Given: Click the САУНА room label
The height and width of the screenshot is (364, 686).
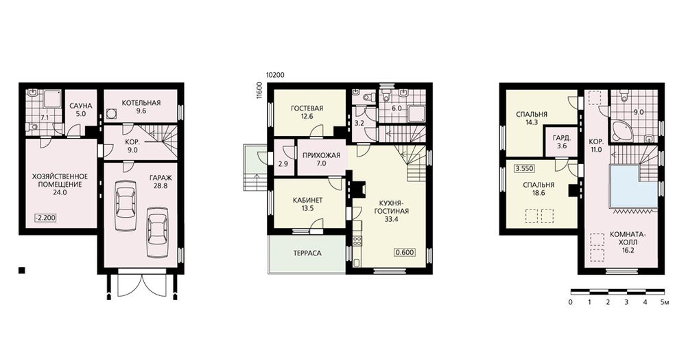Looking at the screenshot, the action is pyautogui.click(x=81, y=106).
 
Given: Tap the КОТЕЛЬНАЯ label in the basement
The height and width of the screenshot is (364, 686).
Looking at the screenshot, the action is pyautogui.click(x=141, y=103).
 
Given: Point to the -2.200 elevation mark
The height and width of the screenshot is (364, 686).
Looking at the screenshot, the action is pyautogui.click(x=45, y=218).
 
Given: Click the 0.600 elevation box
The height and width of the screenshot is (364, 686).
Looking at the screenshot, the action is pyautogui.click(x=405, y=253).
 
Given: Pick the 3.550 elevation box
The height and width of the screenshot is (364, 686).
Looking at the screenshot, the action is pyautogui.click(x=524, y=169).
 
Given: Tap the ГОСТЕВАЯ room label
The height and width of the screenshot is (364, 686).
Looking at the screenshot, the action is pyautogui.click(x=307, y=109).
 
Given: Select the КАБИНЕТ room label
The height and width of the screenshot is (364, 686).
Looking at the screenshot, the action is pyautogui.click(x=307, y=200).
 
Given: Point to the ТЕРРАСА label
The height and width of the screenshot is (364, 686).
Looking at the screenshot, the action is pyautogui.click(x=307, y=253).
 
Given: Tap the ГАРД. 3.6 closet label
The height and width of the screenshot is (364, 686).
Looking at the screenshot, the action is pyautogui.click(x=562, y=141).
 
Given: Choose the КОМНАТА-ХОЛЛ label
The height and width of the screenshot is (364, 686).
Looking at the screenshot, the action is pyautogui.click(x=628, y=238).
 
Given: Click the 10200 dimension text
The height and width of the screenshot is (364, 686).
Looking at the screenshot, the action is pyautogui.click(x=275, y=75).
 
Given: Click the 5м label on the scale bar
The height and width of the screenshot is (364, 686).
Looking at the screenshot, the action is pyautogui.click(x=665, y=302).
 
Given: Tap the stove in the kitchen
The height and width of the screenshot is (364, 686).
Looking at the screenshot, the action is pyautogui.click(x=357, y=240).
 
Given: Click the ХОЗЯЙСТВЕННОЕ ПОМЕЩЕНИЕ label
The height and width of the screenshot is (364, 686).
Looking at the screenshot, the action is pyautogui.click(x=60, y=181).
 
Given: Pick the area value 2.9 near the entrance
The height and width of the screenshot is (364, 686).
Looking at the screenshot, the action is pyautogui.click(x=283, y=164).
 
